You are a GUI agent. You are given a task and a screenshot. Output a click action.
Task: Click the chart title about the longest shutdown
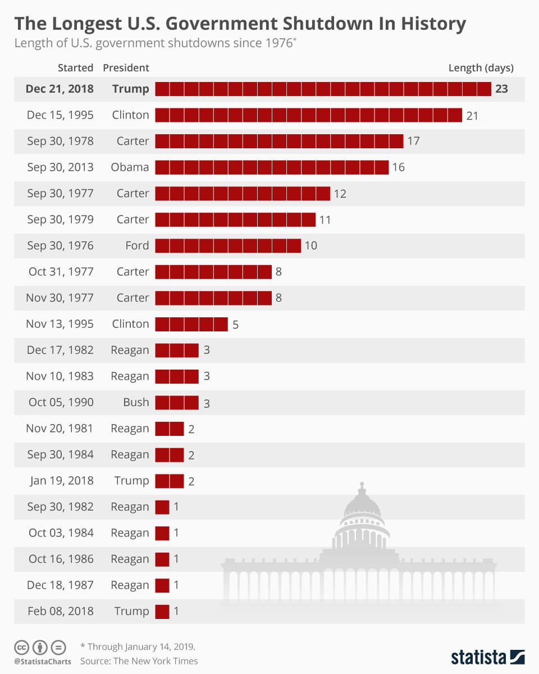240,24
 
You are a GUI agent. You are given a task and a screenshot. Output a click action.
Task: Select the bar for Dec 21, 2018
323,89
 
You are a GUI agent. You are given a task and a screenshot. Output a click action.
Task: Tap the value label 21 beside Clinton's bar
472,115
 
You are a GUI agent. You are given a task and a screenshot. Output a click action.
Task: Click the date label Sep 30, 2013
60,167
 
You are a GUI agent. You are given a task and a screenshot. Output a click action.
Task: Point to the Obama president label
130,167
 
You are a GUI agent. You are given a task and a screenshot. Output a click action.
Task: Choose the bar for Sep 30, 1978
279,141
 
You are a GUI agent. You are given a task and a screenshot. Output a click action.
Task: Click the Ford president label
137,245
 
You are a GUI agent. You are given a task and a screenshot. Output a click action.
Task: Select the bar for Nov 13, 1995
191,324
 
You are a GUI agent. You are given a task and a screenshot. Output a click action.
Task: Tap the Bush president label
136,402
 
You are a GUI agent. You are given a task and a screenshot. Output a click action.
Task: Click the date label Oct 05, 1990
61,402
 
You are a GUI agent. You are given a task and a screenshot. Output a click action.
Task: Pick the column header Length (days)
481,68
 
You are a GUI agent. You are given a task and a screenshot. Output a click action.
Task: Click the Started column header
75,68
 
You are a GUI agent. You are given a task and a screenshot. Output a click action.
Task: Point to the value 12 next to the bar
340,194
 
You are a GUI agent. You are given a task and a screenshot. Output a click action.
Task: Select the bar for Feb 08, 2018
162,611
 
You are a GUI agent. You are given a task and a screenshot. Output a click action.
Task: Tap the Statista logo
487,657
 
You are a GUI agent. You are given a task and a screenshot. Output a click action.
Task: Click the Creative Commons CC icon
22,646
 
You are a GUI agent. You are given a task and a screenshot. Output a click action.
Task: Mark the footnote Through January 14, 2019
138,646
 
